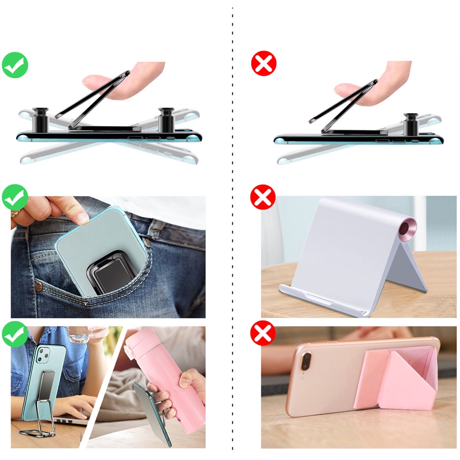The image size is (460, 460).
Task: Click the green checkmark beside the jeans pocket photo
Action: (x=15, y=197)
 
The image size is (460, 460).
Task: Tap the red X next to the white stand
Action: (x=263, y=198)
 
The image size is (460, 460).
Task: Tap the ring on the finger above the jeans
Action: (x=15, y=213)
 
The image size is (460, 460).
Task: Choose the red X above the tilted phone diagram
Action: (x=264, y=64)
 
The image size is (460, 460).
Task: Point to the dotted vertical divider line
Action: (x=233, y=230)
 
